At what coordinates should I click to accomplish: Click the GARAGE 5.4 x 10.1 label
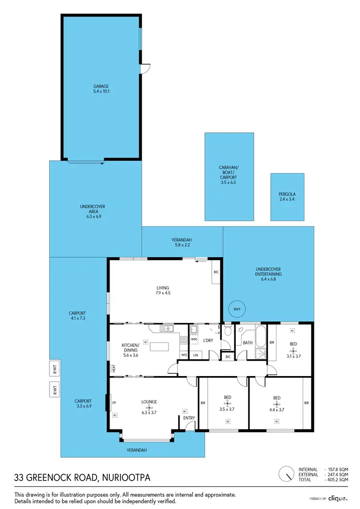[x=101, y=89]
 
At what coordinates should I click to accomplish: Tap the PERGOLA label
[x=287, y=197]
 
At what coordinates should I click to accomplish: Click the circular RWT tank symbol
[x=237, y=309]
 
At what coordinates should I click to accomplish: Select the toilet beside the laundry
[x=228, y=331]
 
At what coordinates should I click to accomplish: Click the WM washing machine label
[x=194, y=339]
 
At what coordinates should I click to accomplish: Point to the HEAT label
[x=114, y=368]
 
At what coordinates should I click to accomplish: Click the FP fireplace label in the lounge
[x=114, y=403]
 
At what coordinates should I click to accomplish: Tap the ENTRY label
[x=189, y=418]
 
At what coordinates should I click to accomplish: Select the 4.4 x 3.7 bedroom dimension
[x=276, y=410]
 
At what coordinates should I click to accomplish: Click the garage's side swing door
[x=144, y=69]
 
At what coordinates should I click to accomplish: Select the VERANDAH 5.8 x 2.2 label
[x=182, y=242]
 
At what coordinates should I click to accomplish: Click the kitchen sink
[x=167, y=329]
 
